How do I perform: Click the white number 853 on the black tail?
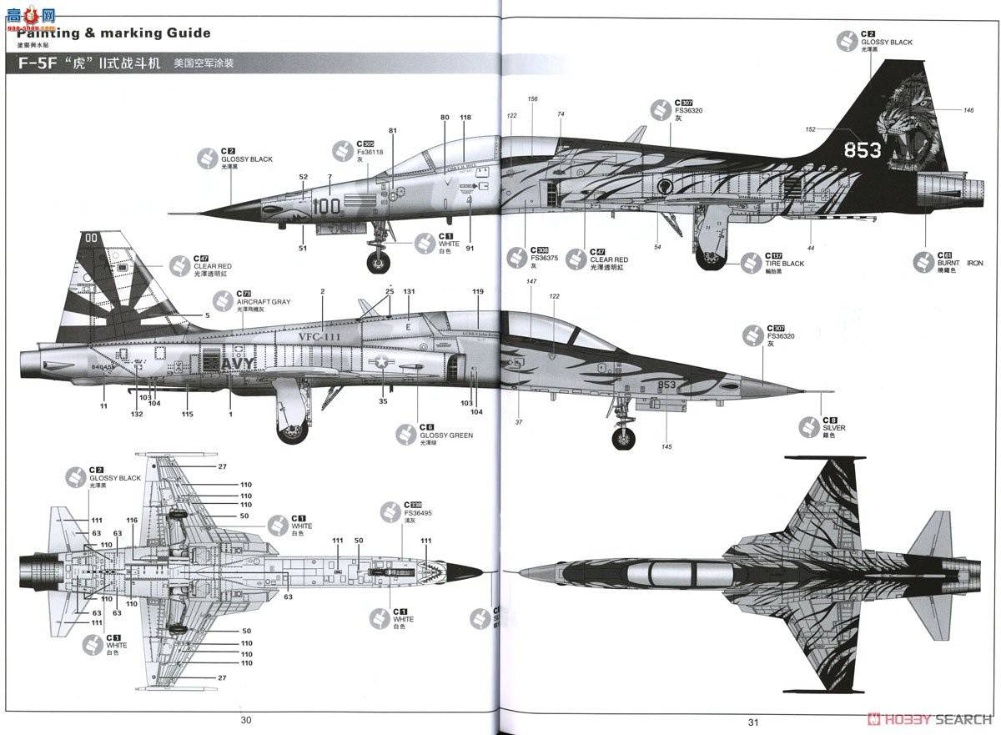[862, 150]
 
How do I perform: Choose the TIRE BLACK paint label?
[785, 263]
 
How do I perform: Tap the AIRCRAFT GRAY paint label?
[263, 301]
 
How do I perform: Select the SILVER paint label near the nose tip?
[833, 427]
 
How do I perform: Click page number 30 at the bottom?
[245, 721]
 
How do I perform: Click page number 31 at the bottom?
[752, 722]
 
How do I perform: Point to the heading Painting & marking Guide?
[113, 33]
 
